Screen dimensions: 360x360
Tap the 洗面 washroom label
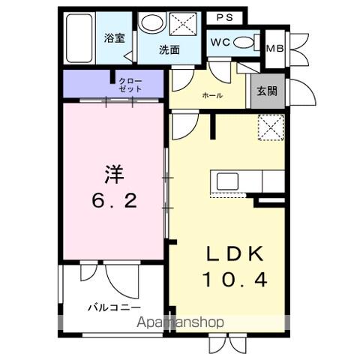coord(169,50)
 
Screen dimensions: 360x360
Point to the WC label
coord(220,42)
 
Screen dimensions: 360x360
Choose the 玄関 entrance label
coord(267,92)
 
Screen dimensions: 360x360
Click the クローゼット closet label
coord(125,84)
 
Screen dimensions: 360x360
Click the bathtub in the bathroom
coord(79,38)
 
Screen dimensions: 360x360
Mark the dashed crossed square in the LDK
coord(270,127)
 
